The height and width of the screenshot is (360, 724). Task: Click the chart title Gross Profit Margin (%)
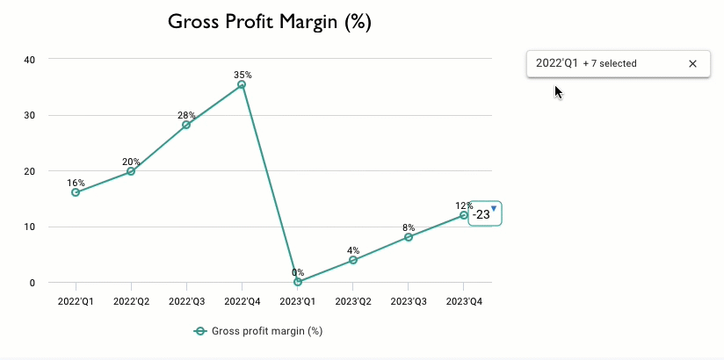coord(269,23)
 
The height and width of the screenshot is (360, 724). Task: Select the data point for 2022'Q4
coord(242,85)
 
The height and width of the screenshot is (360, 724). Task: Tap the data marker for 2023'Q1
coord(297,282)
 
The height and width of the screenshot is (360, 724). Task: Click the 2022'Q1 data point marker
coord(76,192)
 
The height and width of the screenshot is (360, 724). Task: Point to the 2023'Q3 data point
coord(409,237)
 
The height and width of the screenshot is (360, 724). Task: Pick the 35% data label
coord(243,75)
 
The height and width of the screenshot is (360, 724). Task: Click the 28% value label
coord(186,115)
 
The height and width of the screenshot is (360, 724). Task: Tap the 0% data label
coord(298,272)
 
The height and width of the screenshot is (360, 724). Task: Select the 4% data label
coord(353,250)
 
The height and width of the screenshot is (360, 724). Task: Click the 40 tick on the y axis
coord(30,60)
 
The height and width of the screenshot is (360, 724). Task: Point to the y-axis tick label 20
coord(30,171)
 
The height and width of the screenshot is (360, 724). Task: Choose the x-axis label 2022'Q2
coord(131,301)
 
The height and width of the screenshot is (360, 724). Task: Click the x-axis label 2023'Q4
coord(464,301)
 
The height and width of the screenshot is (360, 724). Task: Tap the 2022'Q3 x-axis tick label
coord(186,301)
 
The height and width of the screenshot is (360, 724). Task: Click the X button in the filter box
coord(692,64)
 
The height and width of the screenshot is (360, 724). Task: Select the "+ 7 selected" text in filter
coord(610,64)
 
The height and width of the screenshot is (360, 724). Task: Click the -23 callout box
coord(483,213)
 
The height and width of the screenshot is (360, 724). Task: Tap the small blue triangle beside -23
coord(494,208)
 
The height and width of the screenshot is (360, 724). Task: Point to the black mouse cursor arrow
coord(558,91)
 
